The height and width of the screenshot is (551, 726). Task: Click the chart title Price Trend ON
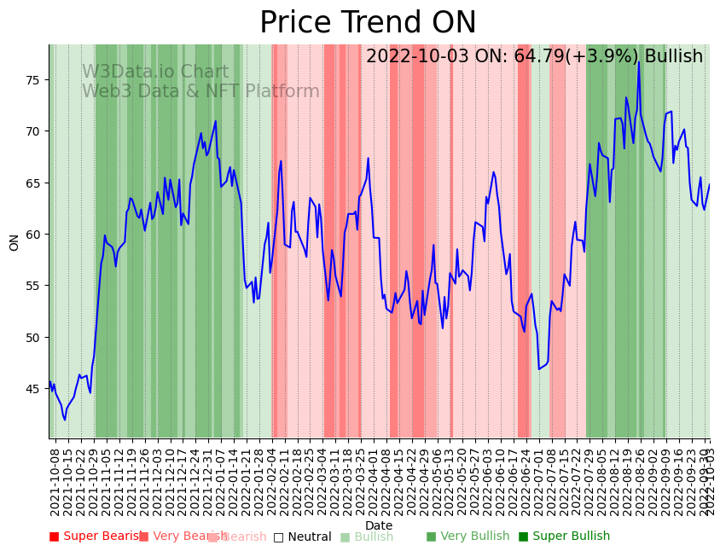pyautogui.click(x=368, y=23)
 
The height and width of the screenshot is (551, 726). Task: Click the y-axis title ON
pyautogui.click(x=15, y=242)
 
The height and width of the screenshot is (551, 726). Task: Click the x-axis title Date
pyautogui.click(x=379, y=525)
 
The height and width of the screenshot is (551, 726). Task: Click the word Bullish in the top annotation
pyautogui.click(x=674, y=57)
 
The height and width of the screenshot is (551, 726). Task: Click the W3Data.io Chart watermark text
pyautogui.click(x=155, y=72)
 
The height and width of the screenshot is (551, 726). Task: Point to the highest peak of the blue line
pyautogui.click(x=638, y=61)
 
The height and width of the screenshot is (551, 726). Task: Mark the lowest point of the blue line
pyautogui.click(x=65, y=420)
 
